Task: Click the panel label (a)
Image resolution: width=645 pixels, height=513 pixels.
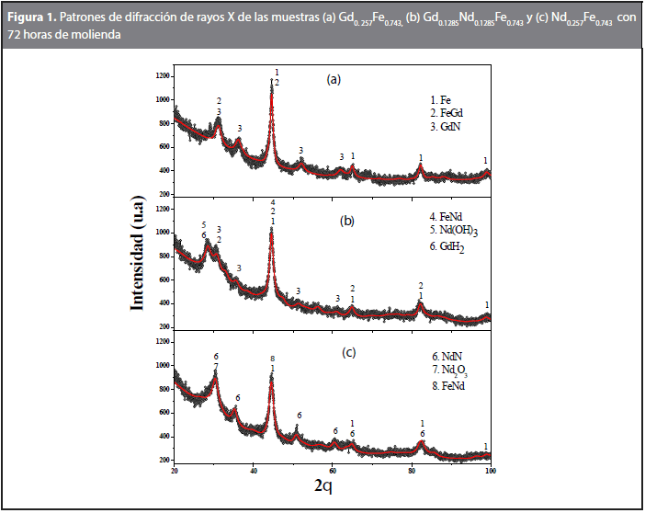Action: [x=334, y=79]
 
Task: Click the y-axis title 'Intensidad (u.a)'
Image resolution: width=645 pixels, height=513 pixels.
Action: [x=139, y=263]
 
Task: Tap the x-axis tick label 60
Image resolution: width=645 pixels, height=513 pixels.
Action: [x=332, y=470]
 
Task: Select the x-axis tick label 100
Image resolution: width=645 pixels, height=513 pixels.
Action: [x=490, y=470]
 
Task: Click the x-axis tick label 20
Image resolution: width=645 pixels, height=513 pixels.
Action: [x=175, y=470]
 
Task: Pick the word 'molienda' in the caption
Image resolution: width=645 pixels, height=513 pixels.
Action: [x=93, y=34]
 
